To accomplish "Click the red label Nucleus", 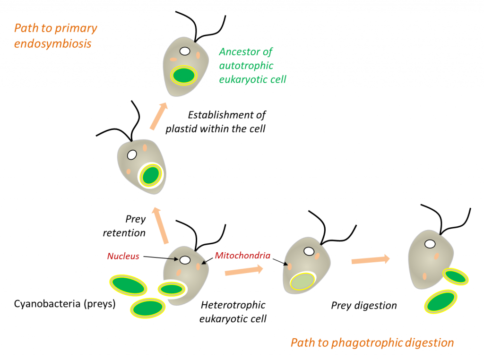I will point(123,256).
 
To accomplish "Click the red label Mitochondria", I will point(242,256).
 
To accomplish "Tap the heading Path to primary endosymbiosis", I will point(55,36).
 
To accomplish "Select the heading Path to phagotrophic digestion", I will point(372,343).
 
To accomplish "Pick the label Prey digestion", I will point(363,306).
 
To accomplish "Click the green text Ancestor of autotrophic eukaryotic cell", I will point(252,65).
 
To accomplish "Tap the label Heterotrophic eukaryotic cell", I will point(233,312).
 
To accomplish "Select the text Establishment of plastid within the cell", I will point(216,121).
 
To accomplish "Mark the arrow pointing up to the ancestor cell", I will point(159,115).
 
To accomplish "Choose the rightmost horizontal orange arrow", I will point(371,259).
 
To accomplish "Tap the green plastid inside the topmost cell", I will point(184,75).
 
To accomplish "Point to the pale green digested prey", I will point(302,282).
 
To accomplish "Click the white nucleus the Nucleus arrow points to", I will point(184,260).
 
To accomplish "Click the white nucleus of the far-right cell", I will point(430,244).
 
